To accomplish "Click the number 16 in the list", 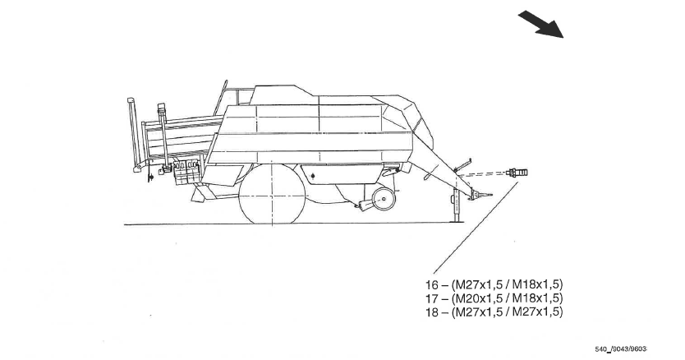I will [433, 284].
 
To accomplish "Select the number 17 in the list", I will [433, 298].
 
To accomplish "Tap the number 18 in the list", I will [433, 312].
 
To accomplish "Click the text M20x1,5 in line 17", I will [479, 298].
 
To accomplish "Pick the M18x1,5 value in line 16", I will [537, 284].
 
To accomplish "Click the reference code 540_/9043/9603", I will [622, 349].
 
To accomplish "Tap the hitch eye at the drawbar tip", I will [487, 196].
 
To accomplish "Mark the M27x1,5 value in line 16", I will [479, 284].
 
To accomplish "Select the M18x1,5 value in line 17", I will [537, 298].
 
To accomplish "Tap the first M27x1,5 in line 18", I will [479, 312].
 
